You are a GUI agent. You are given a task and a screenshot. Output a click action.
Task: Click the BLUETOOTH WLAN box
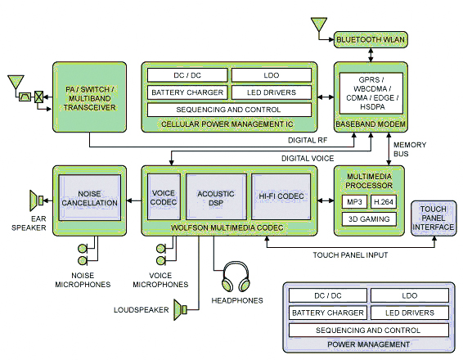[371, 39]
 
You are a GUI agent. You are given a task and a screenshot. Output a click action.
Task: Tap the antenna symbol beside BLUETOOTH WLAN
[319, 25]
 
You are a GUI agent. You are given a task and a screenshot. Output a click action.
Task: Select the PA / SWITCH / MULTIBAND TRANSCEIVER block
[89, 97]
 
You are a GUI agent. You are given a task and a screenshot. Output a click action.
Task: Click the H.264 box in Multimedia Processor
[384, 202]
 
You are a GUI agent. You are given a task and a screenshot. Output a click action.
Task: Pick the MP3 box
[354, 202]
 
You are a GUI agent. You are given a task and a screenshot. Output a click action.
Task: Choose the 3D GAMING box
[369, 219]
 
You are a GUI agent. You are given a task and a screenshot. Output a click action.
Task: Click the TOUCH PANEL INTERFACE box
[434, 218]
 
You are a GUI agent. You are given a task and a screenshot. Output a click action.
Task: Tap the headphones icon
[236, 277]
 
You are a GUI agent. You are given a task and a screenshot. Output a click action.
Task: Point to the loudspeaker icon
[180, 309]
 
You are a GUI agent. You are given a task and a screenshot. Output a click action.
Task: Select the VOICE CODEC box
[164, 197]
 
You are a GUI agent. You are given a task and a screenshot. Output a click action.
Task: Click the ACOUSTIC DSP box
[216, 197]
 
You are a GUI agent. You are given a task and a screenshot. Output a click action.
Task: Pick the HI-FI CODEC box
[281, 196]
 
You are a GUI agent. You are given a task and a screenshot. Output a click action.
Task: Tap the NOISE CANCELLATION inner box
[90, 197]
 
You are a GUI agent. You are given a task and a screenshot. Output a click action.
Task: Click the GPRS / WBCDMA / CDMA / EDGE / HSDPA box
[371, 93]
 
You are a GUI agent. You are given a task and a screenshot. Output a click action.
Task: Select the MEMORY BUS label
[410, 149]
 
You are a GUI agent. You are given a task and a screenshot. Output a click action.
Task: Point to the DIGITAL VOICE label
[308, 159]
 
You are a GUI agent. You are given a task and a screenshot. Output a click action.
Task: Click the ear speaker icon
[36, 200]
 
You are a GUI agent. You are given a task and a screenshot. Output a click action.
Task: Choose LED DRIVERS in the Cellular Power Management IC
[272, 92]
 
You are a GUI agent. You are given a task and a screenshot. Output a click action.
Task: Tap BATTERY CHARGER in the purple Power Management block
[328, 313]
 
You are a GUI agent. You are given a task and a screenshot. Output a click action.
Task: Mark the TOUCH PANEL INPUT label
[350, 255]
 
